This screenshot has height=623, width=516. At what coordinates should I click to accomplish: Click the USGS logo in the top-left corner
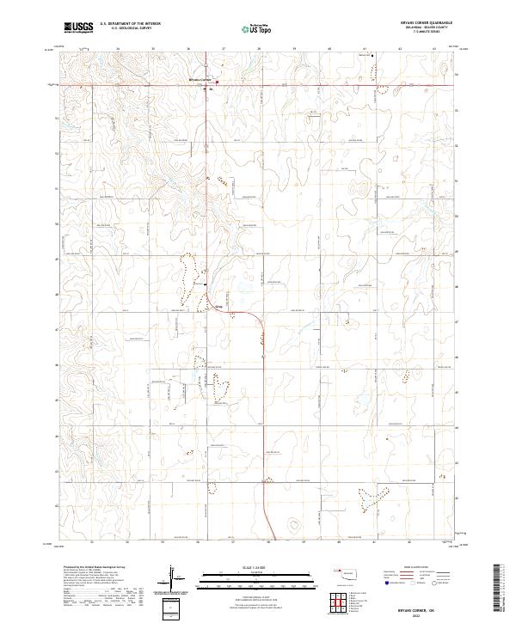coord(78,27)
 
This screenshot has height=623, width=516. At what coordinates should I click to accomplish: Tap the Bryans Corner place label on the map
coord(200,79)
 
